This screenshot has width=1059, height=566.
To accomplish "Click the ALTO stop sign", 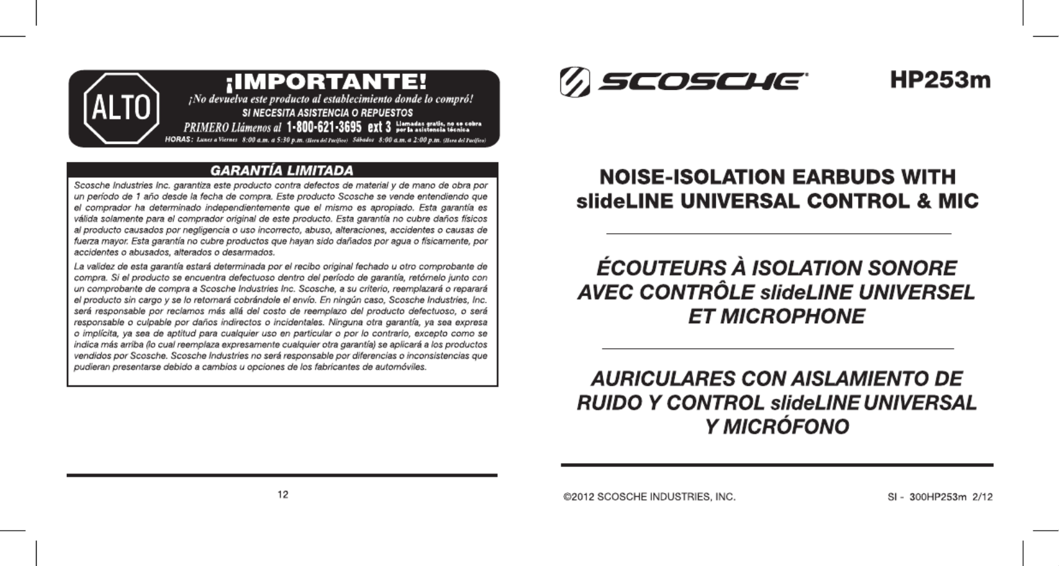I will [121, 108].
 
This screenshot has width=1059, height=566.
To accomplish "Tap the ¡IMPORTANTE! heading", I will [326, 82].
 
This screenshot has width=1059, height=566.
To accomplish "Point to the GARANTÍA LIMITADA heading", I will [282, 170].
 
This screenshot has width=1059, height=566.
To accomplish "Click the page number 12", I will [283, 494].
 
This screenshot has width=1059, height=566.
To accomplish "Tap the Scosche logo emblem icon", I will [575, 82].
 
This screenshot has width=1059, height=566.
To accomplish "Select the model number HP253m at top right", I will [940, 80].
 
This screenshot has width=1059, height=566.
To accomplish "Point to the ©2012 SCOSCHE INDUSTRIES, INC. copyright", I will [649, 497].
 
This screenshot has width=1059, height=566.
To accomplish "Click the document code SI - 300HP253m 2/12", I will [940, 497].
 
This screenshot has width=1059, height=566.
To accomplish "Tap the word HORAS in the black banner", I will [178, 139].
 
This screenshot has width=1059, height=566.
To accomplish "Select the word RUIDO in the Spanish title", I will [609, 403].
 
